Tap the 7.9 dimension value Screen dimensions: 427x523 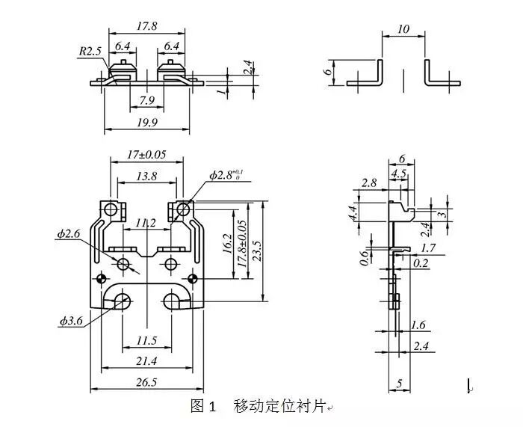(147, 99)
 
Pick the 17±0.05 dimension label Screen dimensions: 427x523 (146, 155)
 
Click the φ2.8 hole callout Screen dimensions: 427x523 (223, 176)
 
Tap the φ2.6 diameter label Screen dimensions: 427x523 (68, 234)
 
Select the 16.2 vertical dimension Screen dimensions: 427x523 (227, 244)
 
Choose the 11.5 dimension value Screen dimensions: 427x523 (147, 341)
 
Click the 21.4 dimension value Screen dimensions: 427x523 (147, 362)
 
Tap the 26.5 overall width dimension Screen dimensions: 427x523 (147, 383)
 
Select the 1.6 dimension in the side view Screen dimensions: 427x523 (419, 326)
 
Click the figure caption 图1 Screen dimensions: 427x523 (203, 407)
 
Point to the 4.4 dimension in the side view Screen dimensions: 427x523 (353, 212)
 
